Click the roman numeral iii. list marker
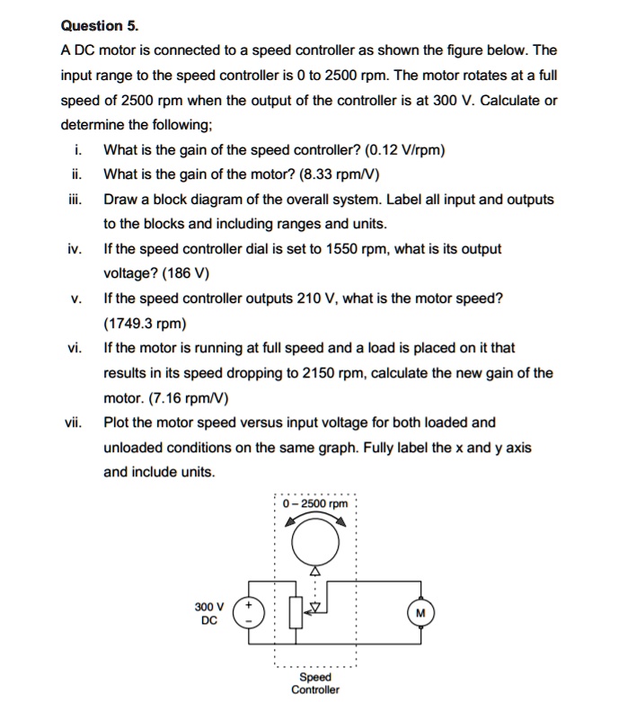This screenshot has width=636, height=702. pyautogui.click(x=75, y=200)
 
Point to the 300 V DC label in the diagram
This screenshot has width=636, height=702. pyautogui.click(x=208, y=612)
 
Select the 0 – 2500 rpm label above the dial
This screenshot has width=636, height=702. pyautogui.click(x=314, y=503)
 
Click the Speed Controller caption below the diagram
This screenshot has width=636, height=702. pyautogui.click(x=315, y=683)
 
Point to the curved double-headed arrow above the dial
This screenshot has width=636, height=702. pyautogui.click(x=314, y=520)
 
